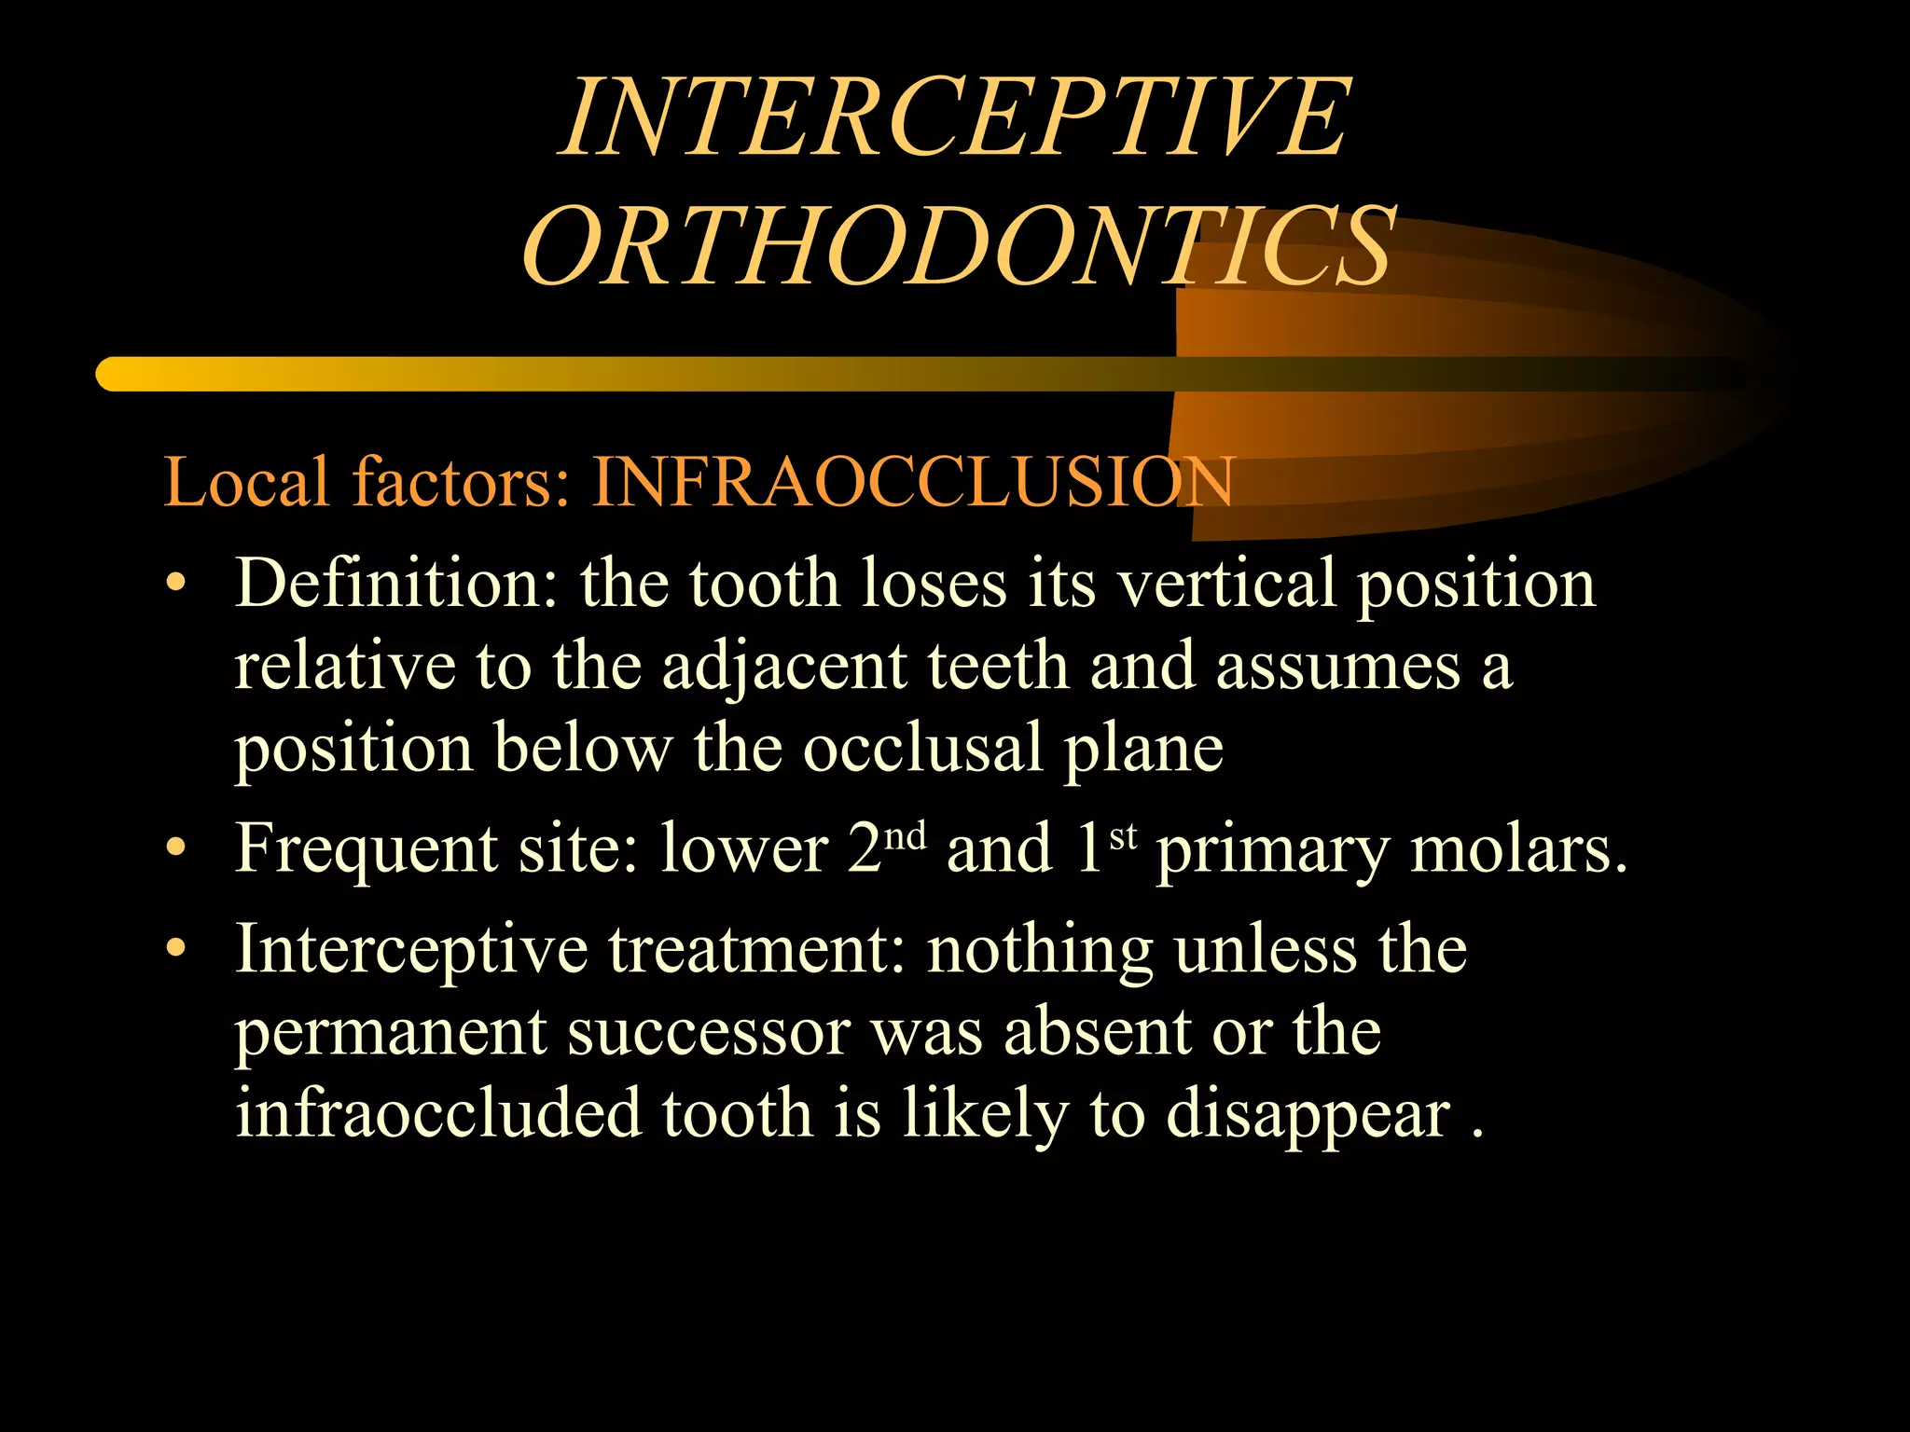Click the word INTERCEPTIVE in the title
coord(955,118)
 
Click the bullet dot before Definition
coord(175,585)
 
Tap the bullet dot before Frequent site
coord(175,850)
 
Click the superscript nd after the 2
coord(905,835)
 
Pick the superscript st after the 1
coord(1123,835)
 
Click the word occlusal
coord(922,748)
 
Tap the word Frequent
coord(366,850)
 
